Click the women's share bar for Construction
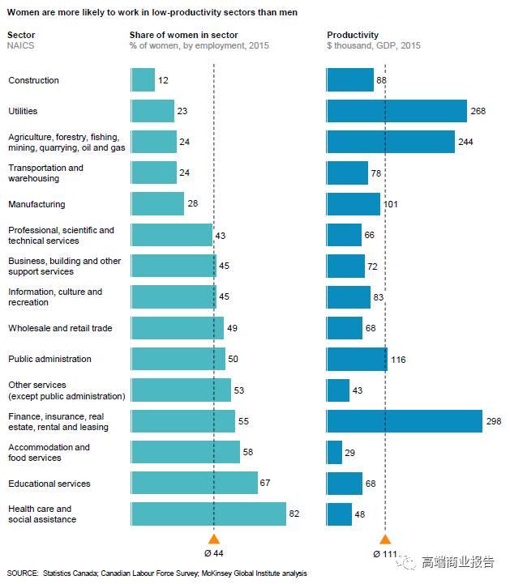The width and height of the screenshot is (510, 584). pos(143,79)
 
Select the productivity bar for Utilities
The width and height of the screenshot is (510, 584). pos(396,111)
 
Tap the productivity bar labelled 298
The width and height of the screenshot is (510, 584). pos(404,421)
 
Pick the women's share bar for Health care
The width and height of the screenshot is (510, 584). pos(208,514)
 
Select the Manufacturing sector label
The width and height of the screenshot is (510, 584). pos(36,204)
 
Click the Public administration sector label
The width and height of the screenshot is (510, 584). pos(49,359)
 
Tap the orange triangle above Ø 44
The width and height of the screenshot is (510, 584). pos(214,539)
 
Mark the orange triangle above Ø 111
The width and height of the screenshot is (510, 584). pos(385,539)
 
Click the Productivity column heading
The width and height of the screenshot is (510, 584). pos(353,35)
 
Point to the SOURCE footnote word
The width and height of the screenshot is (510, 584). pos(23,573)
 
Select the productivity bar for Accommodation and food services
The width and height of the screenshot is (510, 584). pos(334,452)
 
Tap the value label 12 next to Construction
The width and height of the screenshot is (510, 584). pos(163,80)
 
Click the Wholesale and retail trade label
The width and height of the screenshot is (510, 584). pos(60,328)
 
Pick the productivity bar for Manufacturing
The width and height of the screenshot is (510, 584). pos(353,204)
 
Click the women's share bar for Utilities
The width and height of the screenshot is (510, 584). pos(152,111)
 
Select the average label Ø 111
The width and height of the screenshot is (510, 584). pos(385,554)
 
